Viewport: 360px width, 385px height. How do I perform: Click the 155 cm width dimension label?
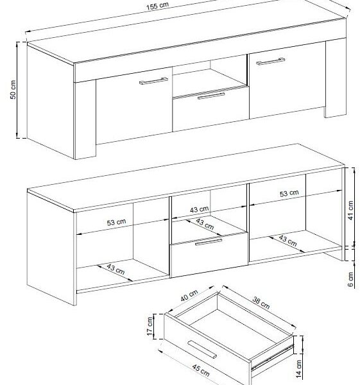(x=158, y=6)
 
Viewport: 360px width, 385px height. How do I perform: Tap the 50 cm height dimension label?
(x=13, y=90)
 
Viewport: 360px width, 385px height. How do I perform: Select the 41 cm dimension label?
(x=351, y=210)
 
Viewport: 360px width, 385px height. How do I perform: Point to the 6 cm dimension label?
(x=350, y=279)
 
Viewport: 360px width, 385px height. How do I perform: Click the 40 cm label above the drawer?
(x=189, y=295)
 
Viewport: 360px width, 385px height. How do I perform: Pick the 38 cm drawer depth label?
(x=261, y=303)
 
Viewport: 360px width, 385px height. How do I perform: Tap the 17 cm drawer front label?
(x=150, y=326)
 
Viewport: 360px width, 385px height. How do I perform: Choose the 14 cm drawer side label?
(x=298, y=368)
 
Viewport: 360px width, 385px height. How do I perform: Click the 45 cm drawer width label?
(x=201, y=371)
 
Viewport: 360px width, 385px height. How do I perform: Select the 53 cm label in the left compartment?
(x=116, y=222)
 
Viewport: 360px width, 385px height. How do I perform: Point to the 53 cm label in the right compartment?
(x=289, y=193)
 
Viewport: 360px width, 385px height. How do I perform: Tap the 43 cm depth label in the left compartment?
(x=116, y=269)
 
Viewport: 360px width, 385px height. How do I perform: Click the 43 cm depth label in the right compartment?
(x=287, y=241)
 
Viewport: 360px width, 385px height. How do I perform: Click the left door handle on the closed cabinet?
(x=153, y=81)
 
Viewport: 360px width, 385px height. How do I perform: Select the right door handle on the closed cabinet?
(x=270, y=62)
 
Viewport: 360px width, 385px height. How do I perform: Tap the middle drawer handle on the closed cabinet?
(x=211, y=96)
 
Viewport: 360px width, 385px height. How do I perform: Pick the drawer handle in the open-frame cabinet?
(x=209, y=242)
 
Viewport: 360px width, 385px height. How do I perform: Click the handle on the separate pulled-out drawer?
(x=202, y=350)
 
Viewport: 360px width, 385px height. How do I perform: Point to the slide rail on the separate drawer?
(x=272, y=357)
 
